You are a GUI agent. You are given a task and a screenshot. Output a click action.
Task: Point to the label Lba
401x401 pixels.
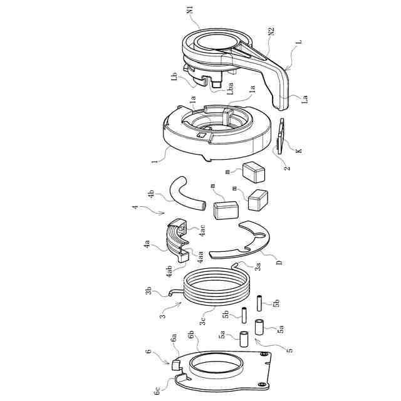(x=230, y=88)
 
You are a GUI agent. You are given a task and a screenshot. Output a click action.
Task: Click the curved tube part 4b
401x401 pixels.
(x=185, y=194)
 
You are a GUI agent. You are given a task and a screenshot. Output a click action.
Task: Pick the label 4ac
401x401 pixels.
(x=202, y=231)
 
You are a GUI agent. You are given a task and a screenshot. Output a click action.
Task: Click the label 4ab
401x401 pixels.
(x=169, y=271)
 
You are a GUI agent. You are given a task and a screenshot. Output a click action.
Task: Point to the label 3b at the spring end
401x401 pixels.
(x=148, y=291)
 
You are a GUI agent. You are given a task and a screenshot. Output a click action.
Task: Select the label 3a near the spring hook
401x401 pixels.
(x=258, y=266)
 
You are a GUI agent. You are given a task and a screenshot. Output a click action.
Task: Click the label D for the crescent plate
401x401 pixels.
(x=279, y=262)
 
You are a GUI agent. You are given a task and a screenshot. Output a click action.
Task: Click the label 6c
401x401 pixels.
(x=157, y=390)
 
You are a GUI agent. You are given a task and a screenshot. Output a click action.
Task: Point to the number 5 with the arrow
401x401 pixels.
(x=289, y=350)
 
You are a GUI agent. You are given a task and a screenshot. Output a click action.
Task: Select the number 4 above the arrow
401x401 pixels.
(x=135, y=207)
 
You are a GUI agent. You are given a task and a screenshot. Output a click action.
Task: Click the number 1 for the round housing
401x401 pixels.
(x=154, y=162)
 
